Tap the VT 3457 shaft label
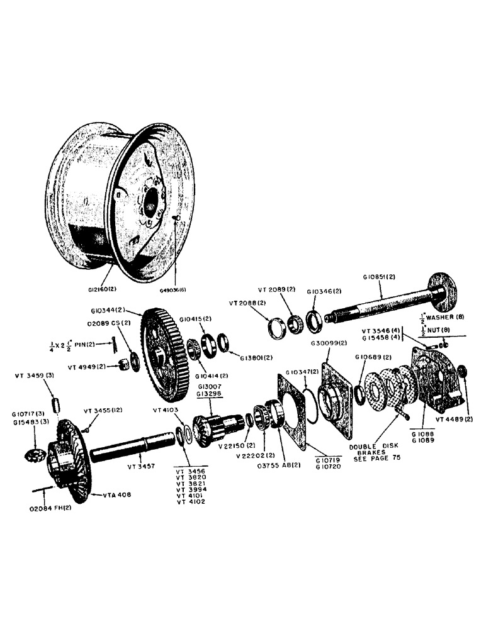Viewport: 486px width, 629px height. point(143,467)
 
